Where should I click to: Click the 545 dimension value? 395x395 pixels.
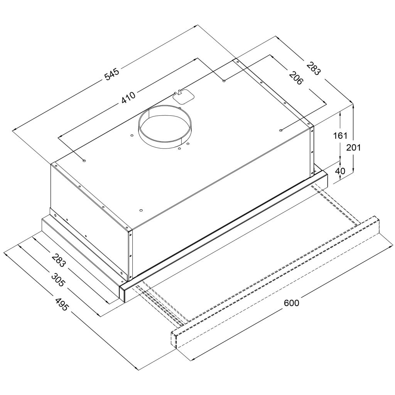click(x=112, y=74)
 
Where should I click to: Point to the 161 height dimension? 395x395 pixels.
click(x=340, y=136)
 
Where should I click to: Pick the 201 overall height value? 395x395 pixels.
click(x=353, y=147)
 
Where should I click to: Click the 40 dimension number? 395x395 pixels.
click(x=340, y=171)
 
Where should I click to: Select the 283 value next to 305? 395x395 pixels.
click(x=59, y=261)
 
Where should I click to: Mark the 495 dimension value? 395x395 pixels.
click(x=61, y=304)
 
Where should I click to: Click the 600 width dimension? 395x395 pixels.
click(x=291, y=303)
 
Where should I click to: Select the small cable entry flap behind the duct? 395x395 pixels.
click(x=183, y=95)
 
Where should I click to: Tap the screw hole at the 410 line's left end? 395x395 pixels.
click(x=84, y=160)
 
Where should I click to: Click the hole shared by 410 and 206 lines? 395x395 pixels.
click(x=224, y=80)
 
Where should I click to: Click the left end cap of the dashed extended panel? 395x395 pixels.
click(x=174, y=340)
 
